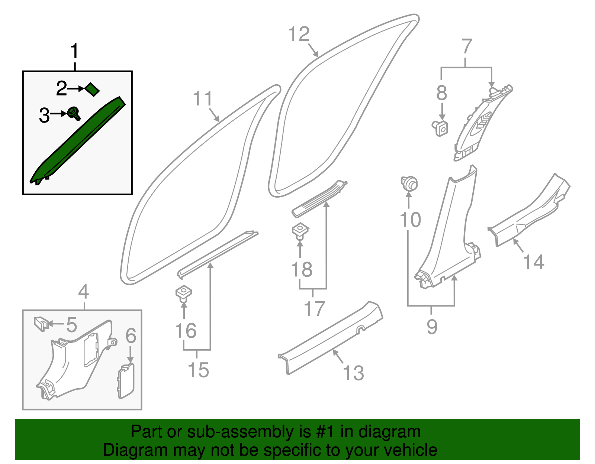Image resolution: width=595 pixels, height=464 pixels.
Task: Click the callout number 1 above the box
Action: coord(75,51)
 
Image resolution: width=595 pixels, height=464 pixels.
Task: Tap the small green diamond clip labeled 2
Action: coord(92,89)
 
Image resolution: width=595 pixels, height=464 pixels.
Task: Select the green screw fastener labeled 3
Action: coord(74,113)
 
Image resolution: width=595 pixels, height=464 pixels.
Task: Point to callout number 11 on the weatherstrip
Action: coord(203,99)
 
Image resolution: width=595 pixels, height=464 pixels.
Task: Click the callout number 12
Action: coord(299,34)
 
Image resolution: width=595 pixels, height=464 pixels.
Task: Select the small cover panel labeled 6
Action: coord(126,381)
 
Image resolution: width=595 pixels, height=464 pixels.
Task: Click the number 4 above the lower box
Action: coord(84,292)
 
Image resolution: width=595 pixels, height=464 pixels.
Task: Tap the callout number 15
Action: coord(198,370)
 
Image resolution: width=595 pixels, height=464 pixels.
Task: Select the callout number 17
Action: coord(315,308)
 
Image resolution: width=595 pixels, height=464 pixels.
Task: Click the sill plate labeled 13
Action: coord(331,338)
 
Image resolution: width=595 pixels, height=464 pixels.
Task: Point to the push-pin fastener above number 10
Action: coord(409,183)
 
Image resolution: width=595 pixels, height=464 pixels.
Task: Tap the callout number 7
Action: coord(467,47)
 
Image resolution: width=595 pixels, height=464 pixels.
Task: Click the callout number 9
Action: coord(432,327)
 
